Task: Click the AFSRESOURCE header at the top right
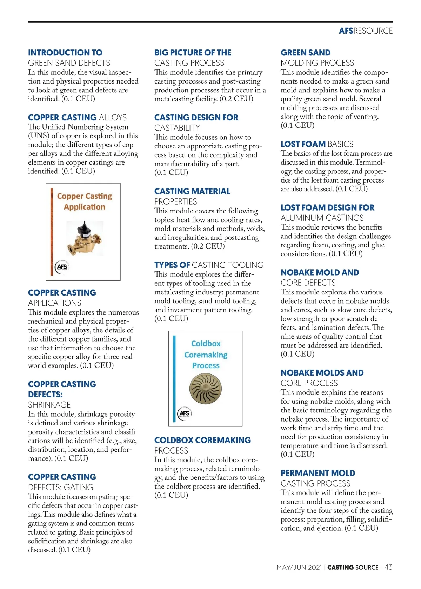pos(366,31)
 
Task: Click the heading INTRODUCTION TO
pos(65,53)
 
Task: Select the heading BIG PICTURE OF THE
pos(193,53)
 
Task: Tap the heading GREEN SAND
pos(305,53)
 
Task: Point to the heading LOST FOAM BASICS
pos(317,144)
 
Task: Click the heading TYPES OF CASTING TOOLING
pos(209,265)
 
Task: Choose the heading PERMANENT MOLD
pos(318,473)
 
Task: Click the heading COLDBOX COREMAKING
pos(202,440)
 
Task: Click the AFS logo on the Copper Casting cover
pos(62,267)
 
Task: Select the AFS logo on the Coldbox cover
pos(184,413)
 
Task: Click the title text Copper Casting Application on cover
pos(85,201)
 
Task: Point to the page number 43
pos(388,567)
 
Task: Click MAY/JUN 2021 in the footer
pos(299,567)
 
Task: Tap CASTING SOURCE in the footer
pos(353,567)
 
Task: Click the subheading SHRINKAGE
pos(49,404)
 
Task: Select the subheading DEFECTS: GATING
pos(61,487)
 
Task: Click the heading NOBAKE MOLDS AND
pos(322,373)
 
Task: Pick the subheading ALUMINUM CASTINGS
pos(322,218)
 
